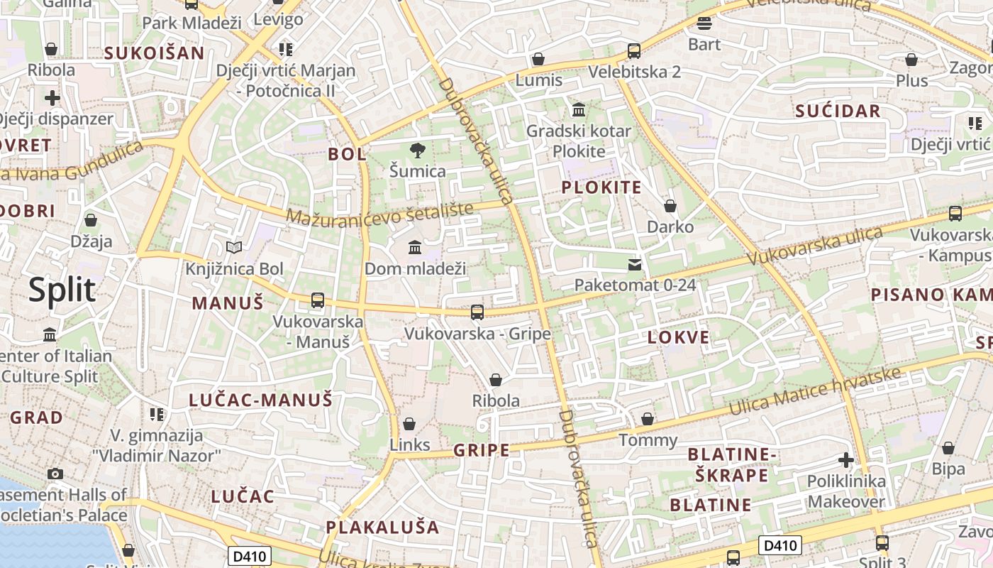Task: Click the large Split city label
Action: click(x=62, y=290)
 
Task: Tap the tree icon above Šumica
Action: click(x=418, y=150)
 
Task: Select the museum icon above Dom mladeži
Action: click(x=415, y=248)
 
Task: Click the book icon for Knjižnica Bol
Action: click(x=234, y=247)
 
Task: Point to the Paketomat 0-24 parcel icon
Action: click(x=635, y=265)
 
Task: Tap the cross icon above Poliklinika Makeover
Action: click(x=846, y=460)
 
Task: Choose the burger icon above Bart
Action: click(x=704, y=23)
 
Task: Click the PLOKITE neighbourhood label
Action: click(x=601, y=187)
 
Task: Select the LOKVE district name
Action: click(x=678, y=337)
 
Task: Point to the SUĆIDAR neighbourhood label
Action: click(x=838, y=111)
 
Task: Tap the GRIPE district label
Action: click(x=482, y=450)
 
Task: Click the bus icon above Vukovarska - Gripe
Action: click(x=477, y=312)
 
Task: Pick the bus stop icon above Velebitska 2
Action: click(x=634, y=51)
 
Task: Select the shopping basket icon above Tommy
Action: click(x=648, y=419)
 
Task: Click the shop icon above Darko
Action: click(x=670, y=206)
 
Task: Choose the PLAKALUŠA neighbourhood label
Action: click(x=382, y=528)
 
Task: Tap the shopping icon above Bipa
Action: click(x=948, y=448)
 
